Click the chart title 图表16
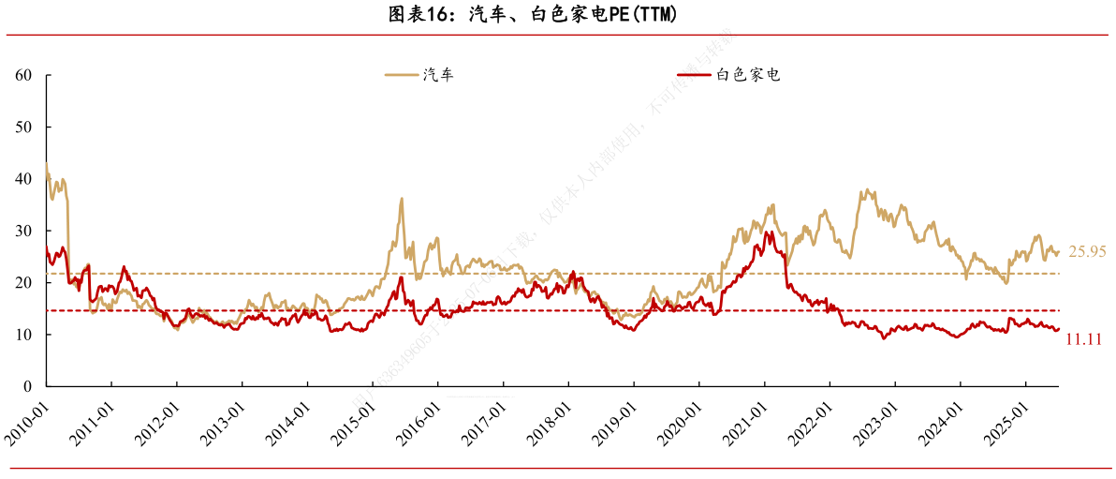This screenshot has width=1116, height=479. [532, 15]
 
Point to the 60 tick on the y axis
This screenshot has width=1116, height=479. [25, 75]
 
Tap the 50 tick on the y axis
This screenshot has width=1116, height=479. [25, 127]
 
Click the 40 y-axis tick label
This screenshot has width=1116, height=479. [25, 178]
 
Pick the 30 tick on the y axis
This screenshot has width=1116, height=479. [25, 231]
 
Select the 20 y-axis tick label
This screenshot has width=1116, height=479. [25, 282]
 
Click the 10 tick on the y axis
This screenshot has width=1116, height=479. [25, 335]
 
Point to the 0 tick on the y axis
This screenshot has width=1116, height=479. [29, 386]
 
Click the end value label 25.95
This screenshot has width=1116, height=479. [1086, 251]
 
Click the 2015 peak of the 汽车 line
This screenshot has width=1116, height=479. [402, 199]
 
